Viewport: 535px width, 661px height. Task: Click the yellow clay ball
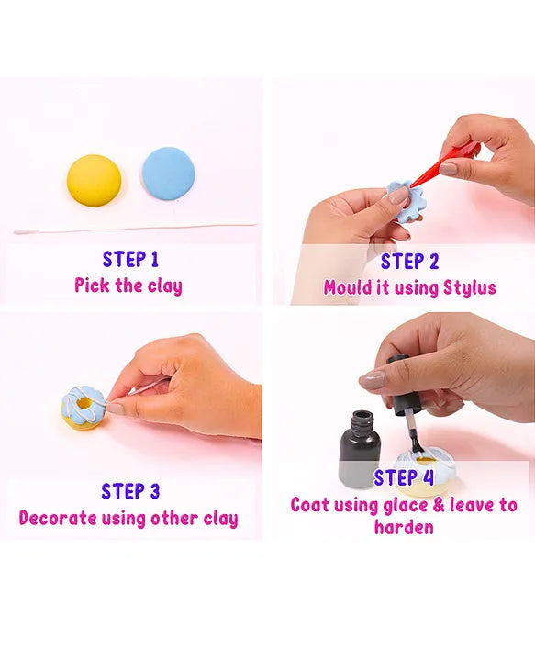(x=94, y=181)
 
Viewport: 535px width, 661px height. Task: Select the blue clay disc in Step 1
(x=169, y=174)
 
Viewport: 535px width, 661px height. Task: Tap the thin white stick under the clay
(x=135, y=229)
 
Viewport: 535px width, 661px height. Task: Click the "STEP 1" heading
(x=130, y=259)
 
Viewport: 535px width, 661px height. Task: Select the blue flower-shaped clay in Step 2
(x=406, y=200)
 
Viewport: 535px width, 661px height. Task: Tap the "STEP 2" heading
(x=409, y=262)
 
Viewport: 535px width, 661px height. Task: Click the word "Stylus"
(x=469, y=288)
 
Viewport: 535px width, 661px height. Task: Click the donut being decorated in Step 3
(x=83, y=408)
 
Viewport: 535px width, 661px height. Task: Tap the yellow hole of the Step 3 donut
(x=83, y=404)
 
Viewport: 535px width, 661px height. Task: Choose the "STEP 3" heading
(x=130, y=491)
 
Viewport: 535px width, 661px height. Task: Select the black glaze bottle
(x=360, y=449)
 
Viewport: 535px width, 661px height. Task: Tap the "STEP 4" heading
(x=404, y=478)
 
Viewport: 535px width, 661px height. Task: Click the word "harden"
(x=404, y=527)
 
